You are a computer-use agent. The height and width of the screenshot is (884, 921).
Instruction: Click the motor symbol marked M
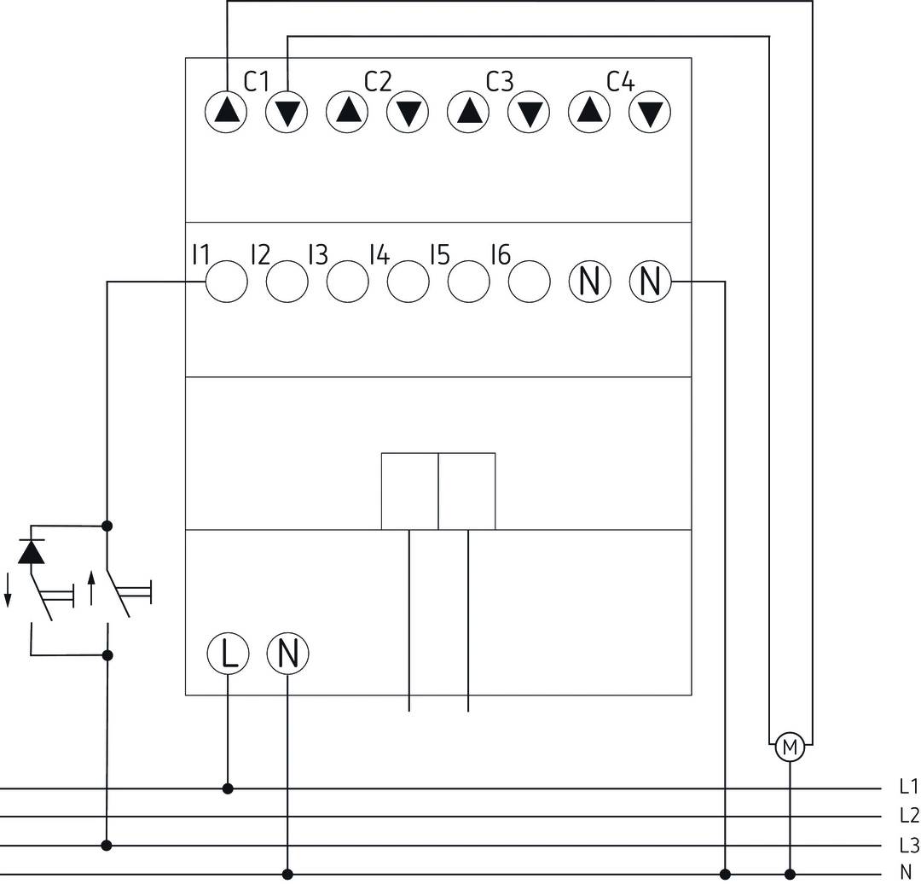(x=791, y=748)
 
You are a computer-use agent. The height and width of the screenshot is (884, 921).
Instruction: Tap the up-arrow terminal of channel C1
(x=226, y=112)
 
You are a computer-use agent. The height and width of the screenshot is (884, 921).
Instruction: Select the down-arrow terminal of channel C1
(x=287, y=112)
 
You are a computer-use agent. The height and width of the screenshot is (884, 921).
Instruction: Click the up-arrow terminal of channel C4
(x=589, y=112)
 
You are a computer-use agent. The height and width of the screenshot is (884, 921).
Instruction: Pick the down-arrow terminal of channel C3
(x=530, y=112)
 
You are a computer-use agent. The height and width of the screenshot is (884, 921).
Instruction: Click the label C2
(x=378, y=82)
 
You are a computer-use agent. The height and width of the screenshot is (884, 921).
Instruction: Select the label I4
(x=379, y=254)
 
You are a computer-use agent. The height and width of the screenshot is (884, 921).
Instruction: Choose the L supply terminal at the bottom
(x=228, y=654)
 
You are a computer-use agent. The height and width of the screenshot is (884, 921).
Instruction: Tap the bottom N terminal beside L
(x=287, y=654)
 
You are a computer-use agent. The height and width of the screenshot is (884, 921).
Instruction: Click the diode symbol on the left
(x=32, y=553)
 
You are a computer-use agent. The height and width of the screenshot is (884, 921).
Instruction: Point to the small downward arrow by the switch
(x=8, y=590)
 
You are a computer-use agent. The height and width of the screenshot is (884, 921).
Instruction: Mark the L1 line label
(x=907, y=786)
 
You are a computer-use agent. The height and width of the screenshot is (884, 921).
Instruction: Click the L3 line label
(x=907, y=845)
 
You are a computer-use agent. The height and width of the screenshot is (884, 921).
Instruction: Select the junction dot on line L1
(x=228, y=788)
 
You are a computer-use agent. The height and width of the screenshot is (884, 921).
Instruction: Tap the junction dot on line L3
(x=107, y=846)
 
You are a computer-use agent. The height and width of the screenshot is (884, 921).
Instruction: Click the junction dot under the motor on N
(x=791, y=874)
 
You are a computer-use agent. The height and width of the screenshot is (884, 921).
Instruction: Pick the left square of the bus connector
(x=409, y=491)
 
